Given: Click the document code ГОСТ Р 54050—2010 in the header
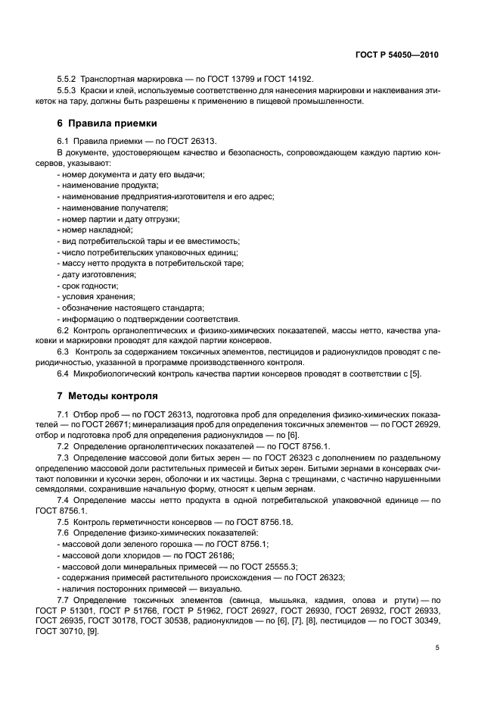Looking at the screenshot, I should click(396, 55).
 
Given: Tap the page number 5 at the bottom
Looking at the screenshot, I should click(437, 648).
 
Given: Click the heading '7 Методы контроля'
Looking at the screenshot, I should click(107, 396).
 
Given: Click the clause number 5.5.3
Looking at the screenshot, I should click(70, 91).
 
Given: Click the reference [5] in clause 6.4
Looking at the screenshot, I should click(415, 373).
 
